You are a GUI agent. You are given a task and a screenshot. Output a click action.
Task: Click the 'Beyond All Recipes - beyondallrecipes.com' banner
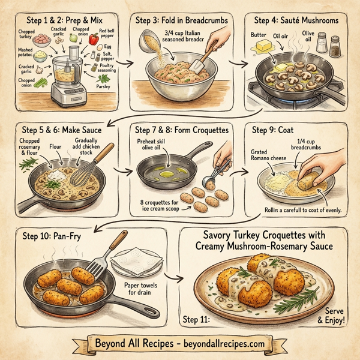[179, 343]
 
